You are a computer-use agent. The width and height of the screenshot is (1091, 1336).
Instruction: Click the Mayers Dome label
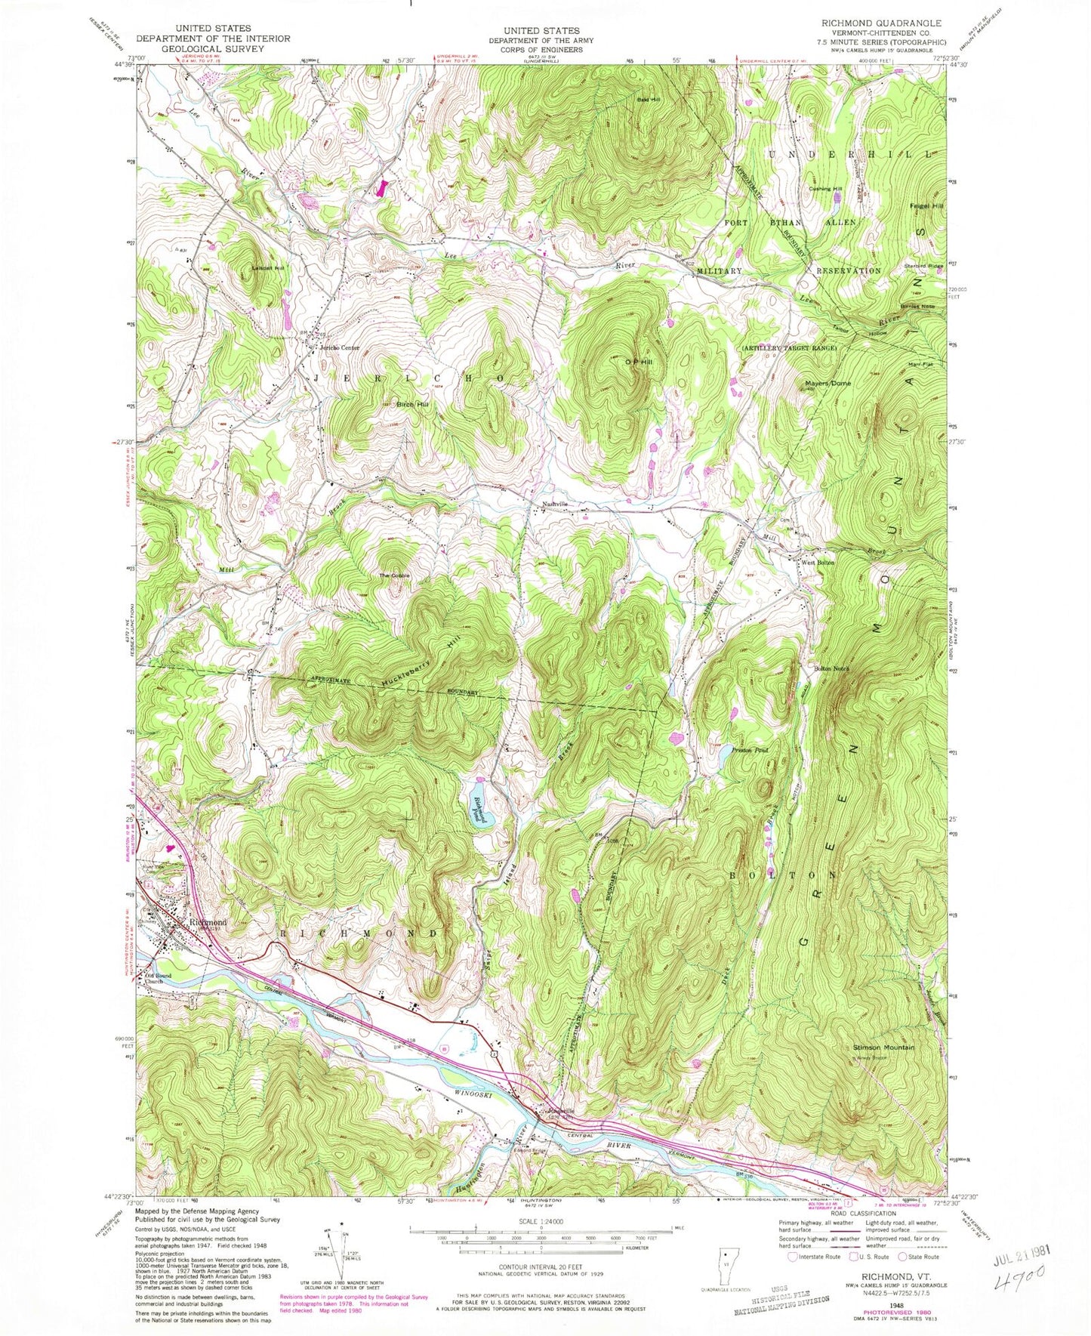[x=827, y=384]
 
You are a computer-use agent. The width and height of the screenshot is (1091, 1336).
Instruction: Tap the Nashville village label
[x=554, y=504]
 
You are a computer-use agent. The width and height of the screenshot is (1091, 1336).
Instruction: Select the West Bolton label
[x=818, y=563]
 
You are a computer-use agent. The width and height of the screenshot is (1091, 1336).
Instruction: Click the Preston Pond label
[x=750, y=751]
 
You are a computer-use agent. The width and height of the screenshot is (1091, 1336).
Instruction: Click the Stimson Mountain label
[x=883, y=1048]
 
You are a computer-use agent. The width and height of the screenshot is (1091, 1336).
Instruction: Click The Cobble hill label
[x=394, y=576]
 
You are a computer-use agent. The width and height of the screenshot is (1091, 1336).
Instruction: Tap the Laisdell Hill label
[x=269, y=268]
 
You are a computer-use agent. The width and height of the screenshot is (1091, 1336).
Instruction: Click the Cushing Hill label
[x=825, y=189]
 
